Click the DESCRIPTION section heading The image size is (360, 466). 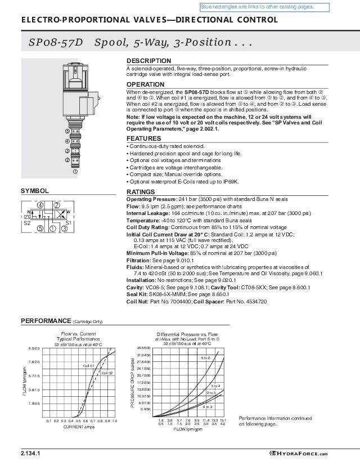coord(148,61)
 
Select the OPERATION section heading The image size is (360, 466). coord(145,84)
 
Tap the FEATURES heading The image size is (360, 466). coord(143,138)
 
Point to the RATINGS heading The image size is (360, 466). coord(141,192)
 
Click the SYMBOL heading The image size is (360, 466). coord(35,191)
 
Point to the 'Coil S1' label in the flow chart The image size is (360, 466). coord(89,366)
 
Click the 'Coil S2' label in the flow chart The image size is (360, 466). coord(107,373)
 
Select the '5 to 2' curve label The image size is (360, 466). coord(205,358)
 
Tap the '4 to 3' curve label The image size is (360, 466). coord(207,406)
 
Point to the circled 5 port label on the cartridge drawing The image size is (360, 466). coord(67,131)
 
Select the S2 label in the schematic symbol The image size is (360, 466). coord(27,223)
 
